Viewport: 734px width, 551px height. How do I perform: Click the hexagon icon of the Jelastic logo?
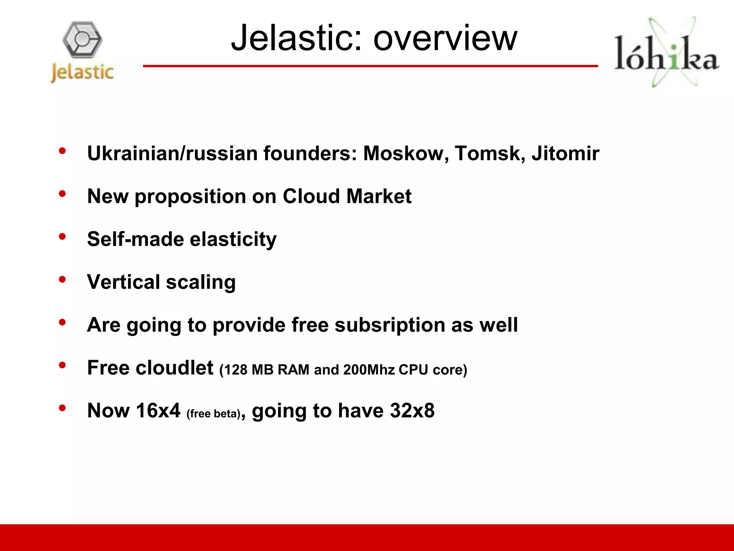point(82,39)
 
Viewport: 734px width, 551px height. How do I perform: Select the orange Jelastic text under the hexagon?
point(82,72)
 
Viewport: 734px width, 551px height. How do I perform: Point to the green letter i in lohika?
point(674,57)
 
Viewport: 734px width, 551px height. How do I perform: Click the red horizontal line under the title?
point(370,66)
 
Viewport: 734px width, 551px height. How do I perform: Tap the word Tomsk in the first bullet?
point(487,154)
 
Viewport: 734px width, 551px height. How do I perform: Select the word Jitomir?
point(565,154)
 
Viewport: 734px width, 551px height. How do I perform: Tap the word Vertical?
point(123,282)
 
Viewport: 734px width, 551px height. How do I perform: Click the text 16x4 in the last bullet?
point(158,411)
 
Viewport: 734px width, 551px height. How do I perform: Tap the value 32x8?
point(412,411)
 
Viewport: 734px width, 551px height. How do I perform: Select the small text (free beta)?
point(213,414)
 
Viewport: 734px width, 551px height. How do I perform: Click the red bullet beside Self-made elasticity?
point(62,236)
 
